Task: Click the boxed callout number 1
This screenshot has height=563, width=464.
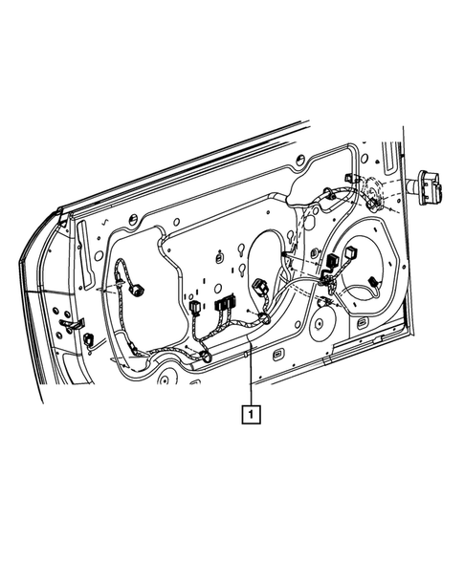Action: click(x=250, y=414)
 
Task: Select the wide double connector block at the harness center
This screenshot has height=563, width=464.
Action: click(x=225, y=305)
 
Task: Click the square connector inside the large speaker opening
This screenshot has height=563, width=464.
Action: click(x=350, y=254)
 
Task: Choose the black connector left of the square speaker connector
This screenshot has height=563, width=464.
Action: click(x=332, y=261)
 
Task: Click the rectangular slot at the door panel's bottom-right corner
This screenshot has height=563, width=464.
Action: click(x=364, y=325)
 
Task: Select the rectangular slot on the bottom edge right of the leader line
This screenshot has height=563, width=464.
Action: click(x=276, y=357)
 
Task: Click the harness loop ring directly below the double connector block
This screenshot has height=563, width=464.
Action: click(x=206, y=357)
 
